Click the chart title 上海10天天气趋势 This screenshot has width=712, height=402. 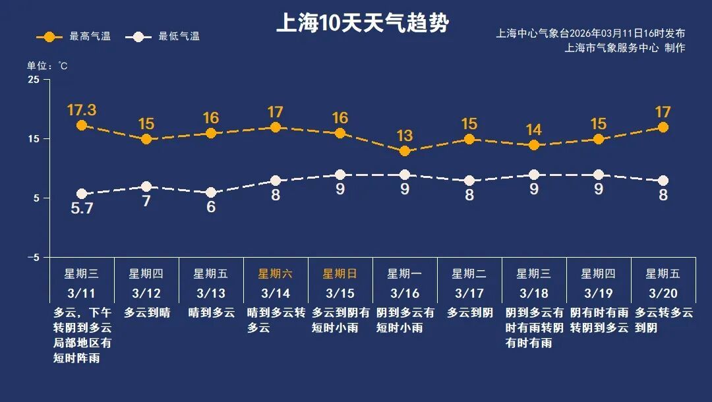click(x=362, y=24)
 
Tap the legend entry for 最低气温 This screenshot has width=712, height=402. click(x=166, y=37)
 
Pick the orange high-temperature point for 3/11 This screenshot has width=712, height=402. click(x=82, y=125)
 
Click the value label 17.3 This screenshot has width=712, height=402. click(x=82, y=109)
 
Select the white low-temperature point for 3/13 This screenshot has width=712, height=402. click(x=211, y=192)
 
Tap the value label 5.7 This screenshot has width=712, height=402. click(x=82, y=210)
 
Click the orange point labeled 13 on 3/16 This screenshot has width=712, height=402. click(x=405, y=151)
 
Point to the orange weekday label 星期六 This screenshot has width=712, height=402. click(x=276, y=273)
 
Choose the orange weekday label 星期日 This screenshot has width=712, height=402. click(x=340, y=273)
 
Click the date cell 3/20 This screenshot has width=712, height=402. click(x=663, y=293)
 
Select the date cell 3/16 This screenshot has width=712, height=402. click(x=405, y=293)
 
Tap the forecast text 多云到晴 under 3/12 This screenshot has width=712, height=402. click(x=146, y=313)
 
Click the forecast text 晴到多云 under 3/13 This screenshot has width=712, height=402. click(x=211, y=313)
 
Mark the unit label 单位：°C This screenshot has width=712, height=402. click(x=47, y=66)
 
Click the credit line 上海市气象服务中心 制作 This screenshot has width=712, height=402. click(x=624, y=48)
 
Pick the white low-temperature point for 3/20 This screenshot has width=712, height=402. click(x=663, y=181)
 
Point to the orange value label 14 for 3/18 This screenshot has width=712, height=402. click(x=534, y=130)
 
